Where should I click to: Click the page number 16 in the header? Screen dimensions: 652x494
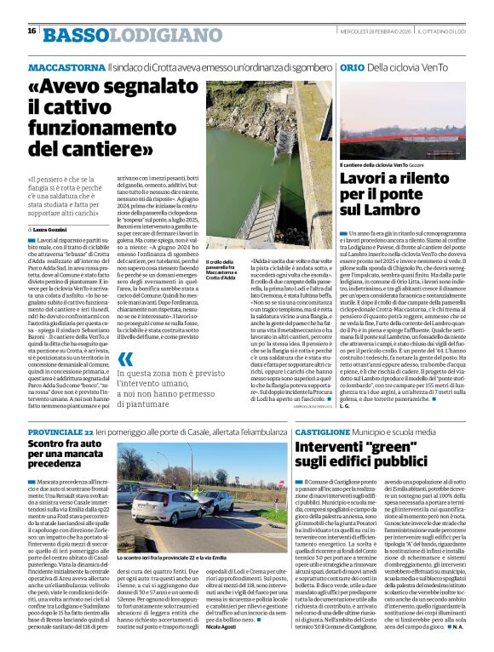pyautogui.click(x=32, y=31)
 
